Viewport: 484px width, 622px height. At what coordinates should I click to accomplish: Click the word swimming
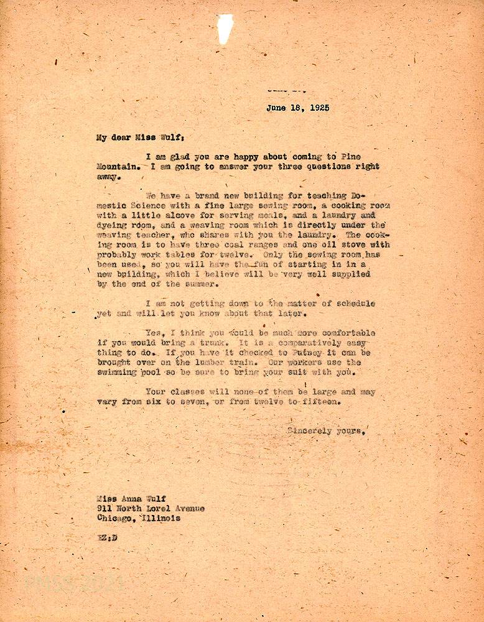[x=120, y=373]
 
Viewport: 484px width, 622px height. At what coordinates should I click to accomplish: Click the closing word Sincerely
[x=309, y=431]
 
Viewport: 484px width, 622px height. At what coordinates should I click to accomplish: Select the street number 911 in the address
[x=105, y=508]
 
